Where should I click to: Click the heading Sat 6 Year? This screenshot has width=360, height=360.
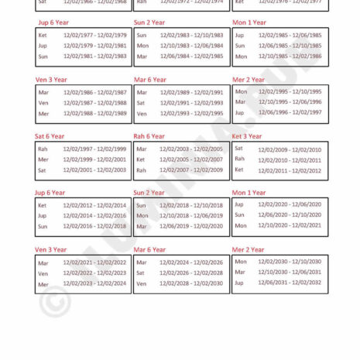click(x=50, y=136)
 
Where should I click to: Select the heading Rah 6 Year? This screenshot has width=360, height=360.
click(x=149, y=136)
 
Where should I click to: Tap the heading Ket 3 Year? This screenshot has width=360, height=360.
click(x=247, y=136)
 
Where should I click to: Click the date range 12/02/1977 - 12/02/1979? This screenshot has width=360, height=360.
click(x=94, y=35)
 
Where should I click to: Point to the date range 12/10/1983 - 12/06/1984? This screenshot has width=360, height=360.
click(x=191, y=46)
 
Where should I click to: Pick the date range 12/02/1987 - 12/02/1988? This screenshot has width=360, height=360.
click(x=94, y=103)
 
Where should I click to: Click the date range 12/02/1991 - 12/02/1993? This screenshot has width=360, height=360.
click(x=191, y=103)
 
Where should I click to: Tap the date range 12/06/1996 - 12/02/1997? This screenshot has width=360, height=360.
click(x=290, y=112)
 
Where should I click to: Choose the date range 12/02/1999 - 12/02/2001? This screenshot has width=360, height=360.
click(x=94, y=159)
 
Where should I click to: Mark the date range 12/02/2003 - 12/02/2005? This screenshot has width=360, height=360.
click(x=191, y=149)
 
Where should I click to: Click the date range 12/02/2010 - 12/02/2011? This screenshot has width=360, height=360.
click(x=290, y=159)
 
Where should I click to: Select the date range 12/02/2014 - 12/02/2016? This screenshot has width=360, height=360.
click(x=94, y=216)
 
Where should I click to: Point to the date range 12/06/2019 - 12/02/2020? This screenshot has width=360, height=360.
click(x=191, y=226)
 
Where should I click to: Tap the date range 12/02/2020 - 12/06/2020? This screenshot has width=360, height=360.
click(x=290, y=205)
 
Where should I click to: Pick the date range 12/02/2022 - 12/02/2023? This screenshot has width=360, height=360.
click(x=94, y=273)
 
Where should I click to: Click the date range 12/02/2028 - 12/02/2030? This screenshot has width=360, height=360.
click(x=191, y=284)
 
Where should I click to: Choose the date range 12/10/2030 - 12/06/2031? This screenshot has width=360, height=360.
click(x=290, y=273)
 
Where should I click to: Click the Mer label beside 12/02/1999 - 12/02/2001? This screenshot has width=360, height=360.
click(x=43, y=159)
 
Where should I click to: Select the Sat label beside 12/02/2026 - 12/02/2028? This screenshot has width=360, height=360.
click(x=141, y=273)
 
